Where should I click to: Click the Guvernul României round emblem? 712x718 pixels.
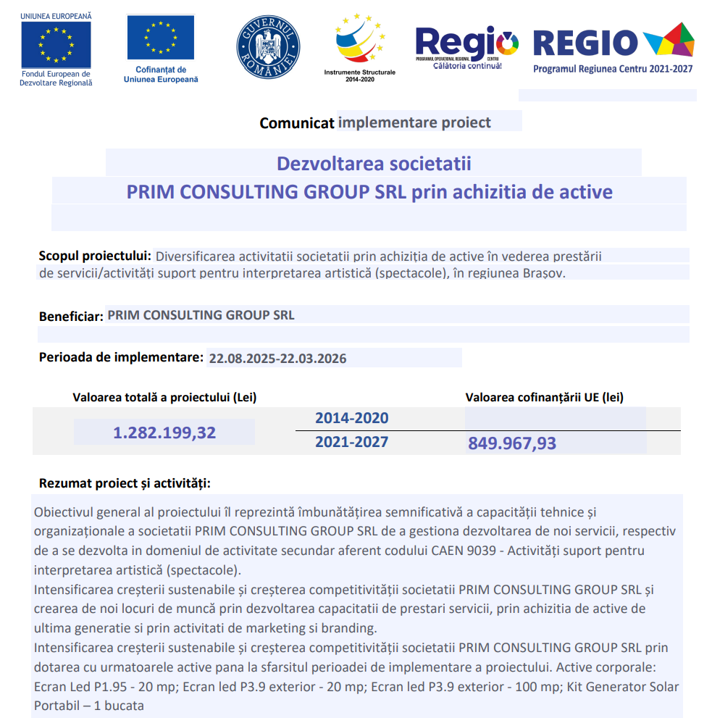(268, 47)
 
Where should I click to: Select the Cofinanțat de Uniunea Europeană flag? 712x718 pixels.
(161, 38)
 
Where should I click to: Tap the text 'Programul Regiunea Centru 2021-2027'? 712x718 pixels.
(613, 69)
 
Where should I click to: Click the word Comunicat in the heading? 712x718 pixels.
(297, 122)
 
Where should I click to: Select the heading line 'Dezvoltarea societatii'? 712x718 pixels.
(374, 163)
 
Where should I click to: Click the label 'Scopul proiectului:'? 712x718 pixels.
(95, 256)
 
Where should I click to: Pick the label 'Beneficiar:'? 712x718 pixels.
(71, 317)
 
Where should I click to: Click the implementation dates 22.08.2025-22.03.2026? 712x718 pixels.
(277, 359)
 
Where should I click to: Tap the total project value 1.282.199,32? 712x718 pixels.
(164, 433)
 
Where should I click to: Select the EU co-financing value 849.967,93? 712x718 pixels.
(512, 443)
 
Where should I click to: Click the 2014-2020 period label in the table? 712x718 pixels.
(351, 418)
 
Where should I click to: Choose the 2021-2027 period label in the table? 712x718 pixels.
(351, 441)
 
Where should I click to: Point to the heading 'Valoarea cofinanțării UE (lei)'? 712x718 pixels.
(544, 397)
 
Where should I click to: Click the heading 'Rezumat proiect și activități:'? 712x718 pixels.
(125, 483)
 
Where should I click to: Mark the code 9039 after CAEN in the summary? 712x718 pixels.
(481, 550)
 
